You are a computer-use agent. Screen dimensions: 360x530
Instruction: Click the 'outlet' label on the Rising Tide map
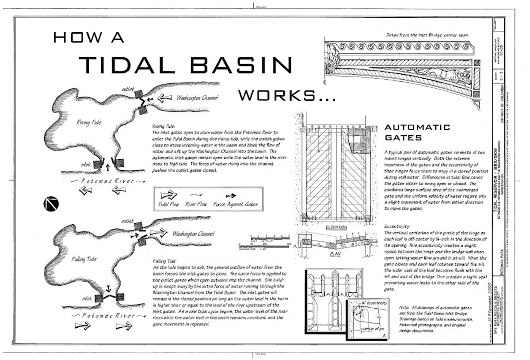tap(128, 88)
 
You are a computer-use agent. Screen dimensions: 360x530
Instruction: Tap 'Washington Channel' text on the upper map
tap(197, 98)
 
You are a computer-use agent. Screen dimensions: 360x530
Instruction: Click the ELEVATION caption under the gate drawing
tap(337, 227)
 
